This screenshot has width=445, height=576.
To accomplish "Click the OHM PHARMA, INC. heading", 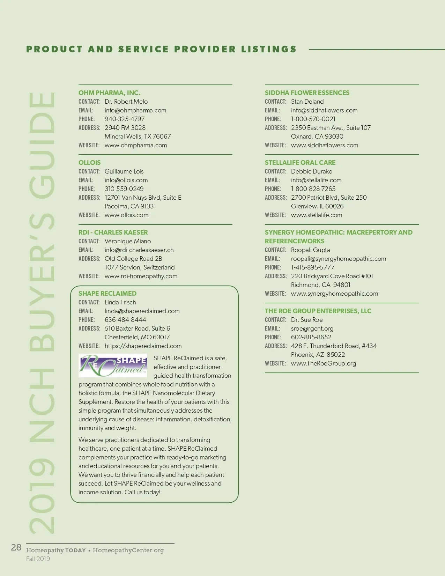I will point(109,93).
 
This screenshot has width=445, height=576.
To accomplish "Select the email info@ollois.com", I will point(126,180).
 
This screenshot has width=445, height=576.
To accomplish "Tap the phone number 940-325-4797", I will point(125,119).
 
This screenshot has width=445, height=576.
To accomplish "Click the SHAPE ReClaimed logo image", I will point(113,365).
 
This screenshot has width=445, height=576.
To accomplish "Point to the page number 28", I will point(16,547).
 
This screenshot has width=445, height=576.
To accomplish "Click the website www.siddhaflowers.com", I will point(325,145).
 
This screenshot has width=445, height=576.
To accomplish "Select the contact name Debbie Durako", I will point(312,171).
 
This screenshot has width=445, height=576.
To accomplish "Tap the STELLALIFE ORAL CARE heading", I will point(300,163).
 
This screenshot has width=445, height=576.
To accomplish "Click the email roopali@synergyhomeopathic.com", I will point(339,259).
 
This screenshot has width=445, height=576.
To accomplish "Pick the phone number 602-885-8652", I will point(311,337).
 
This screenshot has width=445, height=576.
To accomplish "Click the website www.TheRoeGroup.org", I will point(324,363).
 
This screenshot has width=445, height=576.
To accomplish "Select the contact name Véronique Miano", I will point(128,241).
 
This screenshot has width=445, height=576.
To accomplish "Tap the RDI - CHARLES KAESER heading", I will point(113,232).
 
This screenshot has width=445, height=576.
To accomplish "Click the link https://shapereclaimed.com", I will point(143,346).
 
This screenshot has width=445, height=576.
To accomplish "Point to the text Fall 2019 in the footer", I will point(38,559).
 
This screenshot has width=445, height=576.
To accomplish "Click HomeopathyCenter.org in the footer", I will point(128,550).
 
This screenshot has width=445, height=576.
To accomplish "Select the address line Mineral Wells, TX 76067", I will point(138,136).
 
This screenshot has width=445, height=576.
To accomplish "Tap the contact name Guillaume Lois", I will point(124,171).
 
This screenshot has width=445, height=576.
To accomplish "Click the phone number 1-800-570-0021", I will point(313,119).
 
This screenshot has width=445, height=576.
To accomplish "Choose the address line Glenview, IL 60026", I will point(317,206).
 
